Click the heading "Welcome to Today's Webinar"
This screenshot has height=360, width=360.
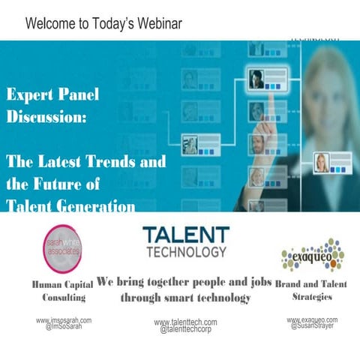103,22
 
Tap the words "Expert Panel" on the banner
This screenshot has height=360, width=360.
52,97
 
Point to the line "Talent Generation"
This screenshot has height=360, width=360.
70,205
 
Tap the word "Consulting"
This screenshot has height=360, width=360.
64,298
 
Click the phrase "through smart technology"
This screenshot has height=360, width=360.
185,298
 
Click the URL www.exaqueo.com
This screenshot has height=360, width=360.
312,319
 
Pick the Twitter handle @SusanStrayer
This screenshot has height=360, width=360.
312,326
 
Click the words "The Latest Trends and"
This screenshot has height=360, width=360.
86,161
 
